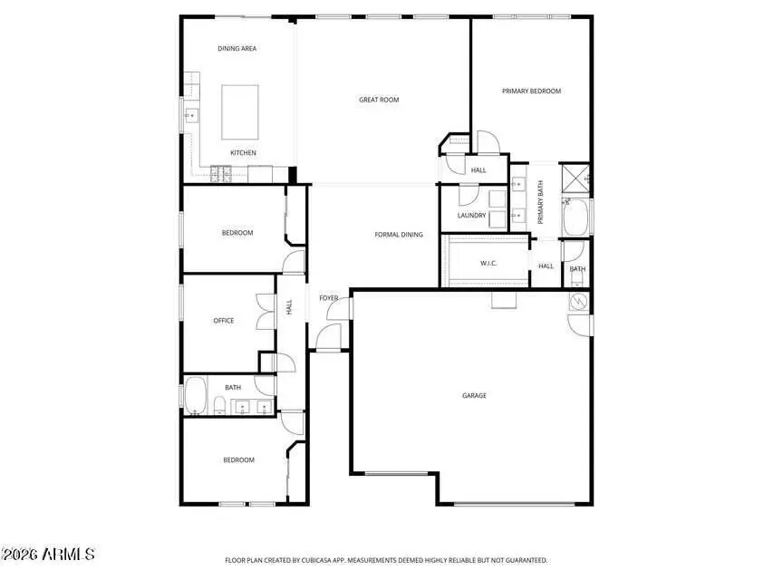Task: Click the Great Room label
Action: point(379,100)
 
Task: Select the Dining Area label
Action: point(237,48)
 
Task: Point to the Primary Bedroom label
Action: point(532,91)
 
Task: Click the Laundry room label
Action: point(471,216)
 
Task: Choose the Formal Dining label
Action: point(399,235)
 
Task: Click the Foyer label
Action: point(328,297)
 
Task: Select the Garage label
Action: point(474,395)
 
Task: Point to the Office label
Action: point(224,320)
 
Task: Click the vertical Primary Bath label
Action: point(540,203)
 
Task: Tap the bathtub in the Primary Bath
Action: point(575,216)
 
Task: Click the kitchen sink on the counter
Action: point(191,116)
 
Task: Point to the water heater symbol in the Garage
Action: point(578,301)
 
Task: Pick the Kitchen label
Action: point(243,152)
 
